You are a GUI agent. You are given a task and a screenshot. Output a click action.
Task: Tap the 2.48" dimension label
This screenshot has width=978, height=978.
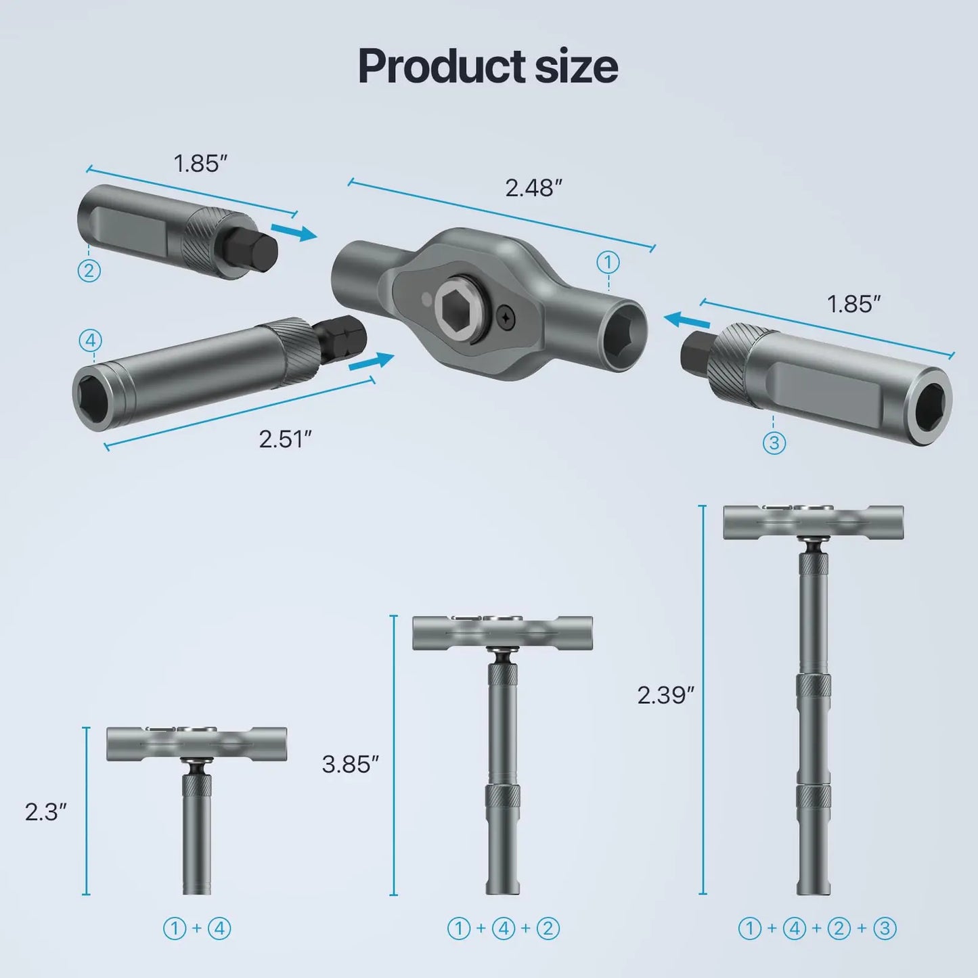click(533, 187)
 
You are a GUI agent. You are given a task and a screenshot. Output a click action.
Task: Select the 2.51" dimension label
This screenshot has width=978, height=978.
click(285, 439)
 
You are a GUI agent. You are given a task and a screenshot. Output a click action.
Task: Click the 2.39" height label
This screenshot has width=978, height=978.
click(665, 694)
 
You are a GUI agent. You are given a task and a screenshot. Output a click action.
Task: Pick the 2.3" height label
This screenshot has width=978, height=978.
click(45, 812)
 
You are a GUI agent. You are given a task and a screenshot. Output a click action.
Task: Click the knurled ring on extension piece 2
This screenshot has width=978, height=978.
click(207, 242)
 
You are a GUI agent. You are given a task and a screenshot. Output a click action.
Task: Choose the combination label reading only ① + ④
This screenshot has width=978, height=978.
click(197, 928)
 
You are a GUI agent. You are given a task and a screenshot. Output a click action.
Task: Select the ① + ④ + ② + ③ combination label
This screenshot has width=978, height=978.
click(817, 928)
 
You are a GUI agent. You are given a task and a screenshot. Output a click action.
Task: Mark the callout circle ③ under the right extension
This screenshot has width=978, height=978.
click(774, 443)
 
